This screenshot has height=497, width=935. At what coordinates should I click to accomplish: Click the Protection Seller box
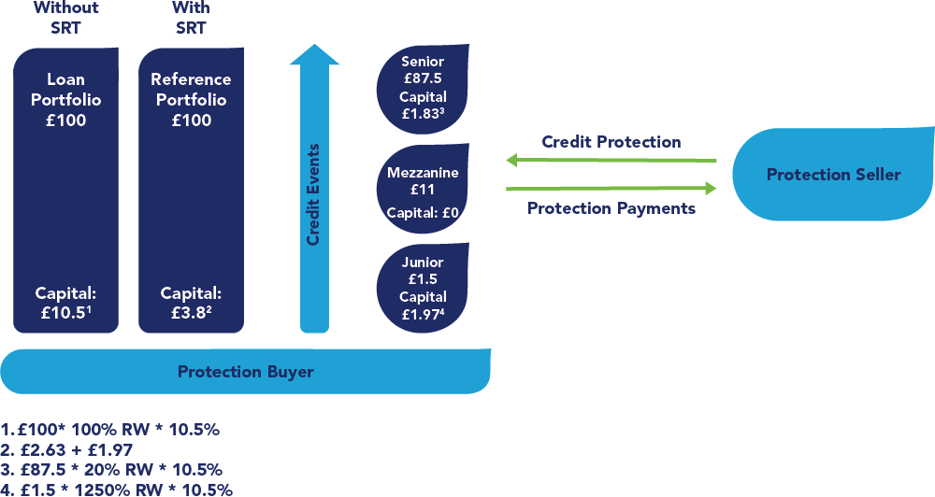pos(833,176)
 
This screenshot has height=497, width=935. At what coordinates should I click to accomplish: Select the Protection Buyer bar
pos(246,372)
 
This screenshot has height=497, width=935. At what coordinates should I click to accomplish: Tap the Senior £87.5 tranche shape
pos(423,89)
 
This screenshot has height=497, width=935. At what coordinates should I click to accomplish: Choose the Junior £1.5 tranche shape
pos(423,288)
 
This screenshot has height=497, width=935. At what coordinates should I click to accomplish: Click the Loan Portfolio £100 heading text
pos(65,100)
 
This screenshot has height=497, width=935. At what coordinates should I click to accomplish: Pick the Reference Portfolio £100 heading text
pos(191,100)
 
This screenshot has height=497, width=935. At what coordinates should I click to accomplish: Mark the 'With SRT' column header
pos(191,17)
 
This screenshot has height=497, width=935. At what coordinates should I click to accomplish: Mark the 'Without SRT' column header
pos(65,17)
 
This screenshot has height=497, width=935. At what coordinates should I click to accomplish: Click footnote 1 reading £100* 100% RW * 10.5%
pos(110,430)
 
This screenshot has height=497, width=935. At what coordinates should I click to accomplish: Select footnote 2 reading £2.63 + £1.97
pos(67,449)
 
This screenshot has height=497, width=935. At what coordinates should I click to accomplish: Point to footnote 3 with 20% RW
pos(112,469)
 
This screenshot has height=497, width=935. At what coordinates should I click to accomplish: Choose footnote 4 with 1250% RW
pos(117,489)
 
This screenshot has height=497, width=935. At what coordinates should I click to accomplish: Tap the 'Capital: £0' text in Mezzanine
pos(423,212)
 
